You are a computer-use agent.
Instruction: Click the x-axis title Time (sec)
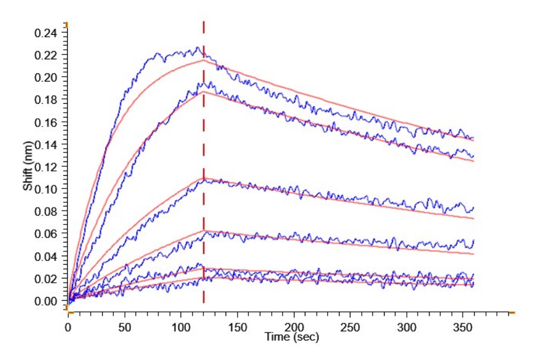coord(292,337)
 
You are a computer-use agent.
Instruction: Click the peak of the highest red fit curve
coord(204,60)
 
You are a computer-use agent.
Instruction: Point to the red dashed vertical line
coord(204,180)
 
